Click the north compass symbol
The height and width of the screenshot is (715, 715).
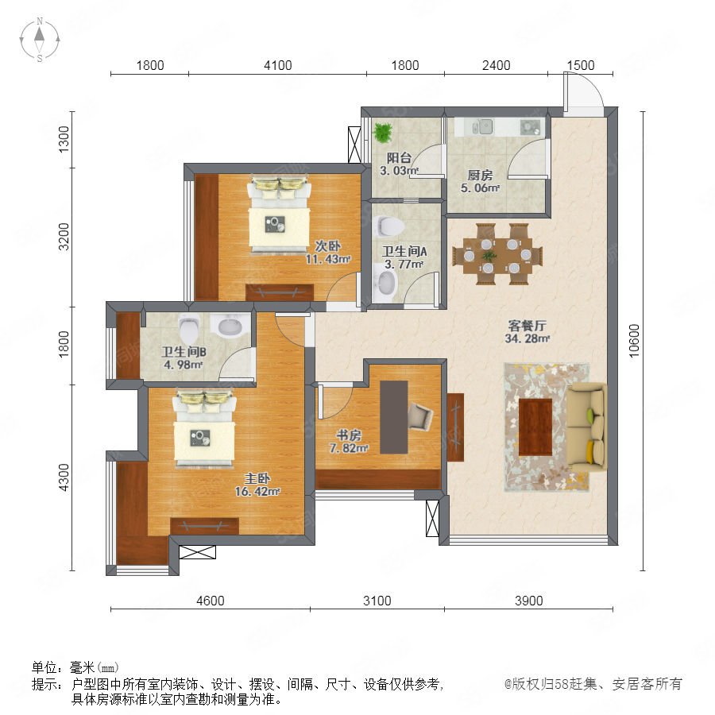(40, 40)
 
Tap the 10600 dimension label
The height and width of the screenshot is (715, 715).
(634, 341)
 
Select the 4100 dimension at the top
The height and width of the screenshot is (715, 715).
(278, 65)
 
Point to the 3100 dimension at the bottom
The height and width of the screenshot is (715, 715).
(377, 601)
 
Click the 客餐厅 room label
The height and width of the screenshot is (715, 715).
(528, 326)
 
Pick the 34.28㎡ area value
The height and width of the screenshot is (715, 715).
(528, 338)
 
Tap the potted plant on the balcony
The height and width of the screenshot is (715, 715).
(383, 132)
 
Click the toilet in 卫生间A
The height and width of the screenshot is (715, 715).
(389, 226)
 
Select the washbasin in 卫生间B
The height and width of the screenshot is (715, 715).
(230, 325)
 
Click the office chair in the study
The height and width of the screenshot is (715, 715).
(419, 415)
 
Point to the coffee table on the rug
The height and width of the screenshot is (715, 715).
(535, 427)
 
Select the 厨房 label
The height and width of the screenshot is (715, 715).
(480, 175)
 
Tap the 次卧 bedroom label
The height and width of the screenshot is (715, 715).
(328, 246)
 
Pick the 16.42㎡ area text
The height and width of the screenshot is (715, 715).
(257, 492)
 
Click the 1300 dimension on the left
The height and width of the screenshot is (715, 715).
(64, 139)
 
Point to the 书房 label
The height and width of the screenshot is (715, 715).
(349, 435)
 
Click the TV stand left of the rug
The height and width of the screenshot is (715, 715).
(455, 427)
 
